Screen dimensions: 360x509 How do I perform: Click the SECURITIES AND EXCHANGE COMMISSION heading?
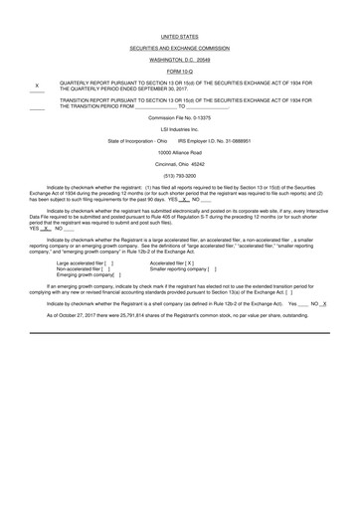(x=179, y=48)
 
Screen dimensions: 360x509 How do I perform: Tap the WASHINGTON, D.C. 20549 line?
(x=179, y=61)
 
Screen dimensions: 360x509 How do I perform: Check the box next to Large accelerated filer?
(x=109, y=262)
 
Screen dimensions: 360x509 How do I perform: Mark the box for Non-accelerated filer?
(x=106, y=268)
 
